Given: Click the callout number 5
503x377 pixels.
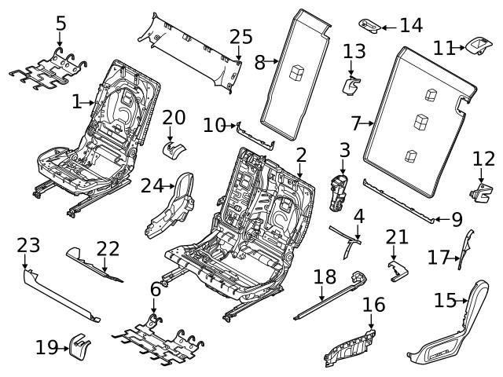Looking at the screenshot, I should coord(61,24).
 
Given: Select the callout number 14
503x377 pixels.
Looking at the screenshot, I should coord(410,25).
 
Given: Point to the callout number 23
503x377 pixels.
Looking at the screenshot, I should coord(28,246).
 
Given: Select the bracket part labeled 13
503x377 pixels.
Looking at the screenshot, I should coord(351,83).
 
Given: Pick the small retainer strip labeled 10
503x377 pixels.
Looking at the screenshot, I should coord(255,137).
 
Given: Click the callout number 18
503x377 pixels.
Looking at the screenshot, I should coord(324,279).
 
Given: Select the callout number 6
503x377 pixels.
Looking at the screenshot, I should coord(155,290).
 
